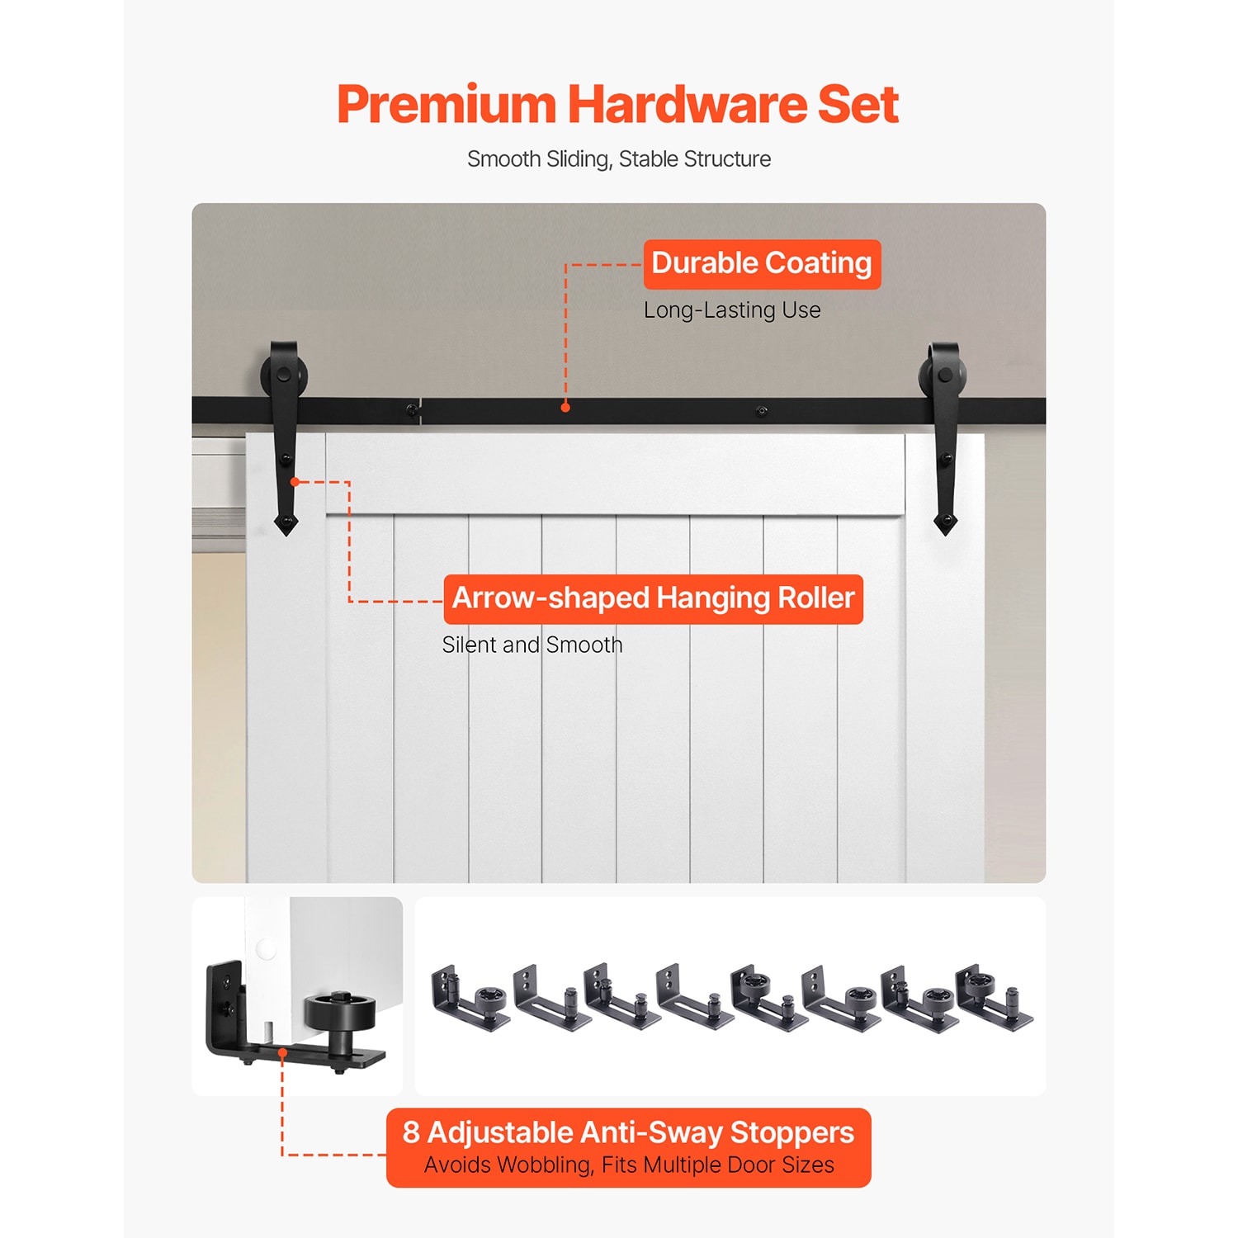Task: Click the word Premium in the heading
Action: point(447,105)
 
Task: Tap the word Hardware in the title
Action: point(687,105)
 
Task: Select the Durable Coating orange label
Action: point(762,264)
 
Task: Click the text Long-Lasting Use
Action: point(732,310)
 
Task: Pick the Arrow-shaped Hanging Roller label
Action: point(653,599)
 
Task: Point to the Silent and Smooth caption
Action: point(532,645)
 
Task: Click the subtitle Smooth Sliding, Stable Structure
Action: point(619,159)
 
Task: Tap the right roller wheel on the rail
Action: point(943,376)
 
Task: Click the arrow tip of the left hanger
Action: point(286,535)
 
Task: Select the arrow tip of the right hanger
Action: point(945,534)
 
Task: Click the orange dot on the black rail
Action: point(565,407)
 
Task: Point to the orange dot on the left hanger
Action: point(295,481)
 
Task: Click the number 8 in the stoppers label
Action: point(411,1132)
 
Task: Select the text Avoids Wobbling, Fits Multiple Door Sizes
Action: point(629,1165)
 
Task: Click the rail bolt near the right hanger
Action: point(762,410)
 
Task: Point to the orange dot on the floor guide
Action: point(282,1052)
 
